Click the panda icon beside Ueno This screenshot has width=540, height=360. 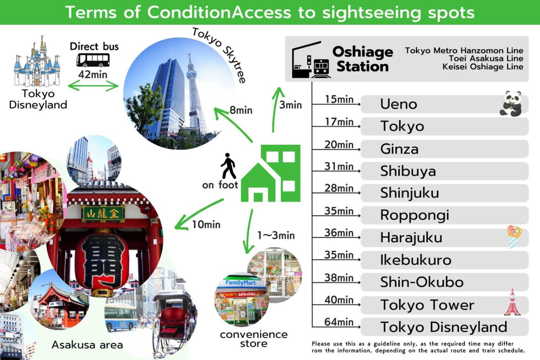tap(511, 103)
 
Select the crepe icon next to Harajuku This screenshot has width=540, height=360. tap(514, 237)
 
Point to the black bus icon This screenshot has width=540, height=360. tap(93, 60)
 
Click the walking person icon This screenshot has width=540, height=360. tap(228, 166)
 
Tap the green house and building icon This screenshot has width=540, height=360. tap(270, 173)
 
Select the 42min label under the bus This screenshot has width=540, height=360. tap(93, 74)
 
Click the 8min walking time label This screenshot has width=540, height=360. tap(241, 110)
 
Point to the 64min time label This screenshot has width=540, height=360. tap(339, 322)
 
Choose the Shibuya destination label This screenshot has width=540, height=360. tap(408, 171)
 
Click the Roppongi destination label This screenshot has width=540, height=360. tap(415, 215)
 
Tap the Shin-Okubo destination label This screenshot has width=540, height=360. tap(422, 282)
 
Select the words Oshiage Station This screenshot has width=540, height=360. tap(363, 59)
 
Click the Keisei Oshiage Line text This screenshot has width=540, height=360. tap(483, 67)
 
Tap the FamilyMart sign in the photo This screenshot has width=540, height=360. tap(240, 283)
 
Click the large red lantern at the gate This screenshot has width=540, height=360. tap(102, 261)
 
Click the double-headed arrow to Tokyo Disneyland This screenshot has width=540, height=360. tap(93, 86)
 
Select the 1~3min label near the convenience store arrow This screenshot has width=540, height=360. tap(276, 236)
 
